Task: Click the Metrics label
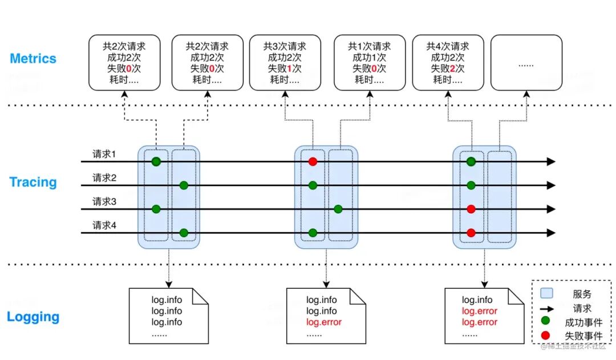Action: [x=33, y=59]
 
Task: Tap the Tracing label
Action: [x=33, y=183]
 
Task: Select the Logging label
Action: [x=33, y=317]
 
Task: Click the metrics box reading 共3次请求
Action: [x=285, y=63]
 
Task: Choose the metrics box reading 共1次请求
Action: [x=370, y=63]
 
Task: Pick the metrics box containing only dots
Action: [x=526, y=63]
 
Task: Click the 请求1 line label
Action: [x=104, y=155]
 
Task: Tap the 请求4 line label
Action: [x=104, y=225]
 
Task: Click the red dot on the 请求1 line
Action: [x=313, y=162]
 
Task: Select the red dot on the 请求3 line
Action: [x=471, y=209]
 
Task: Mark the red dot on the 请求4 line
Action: [x=471, y=233]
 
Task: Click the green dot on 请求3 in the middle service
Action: [x=338, y=209]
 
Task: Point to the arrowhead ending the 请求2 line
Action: [x=550, y=185]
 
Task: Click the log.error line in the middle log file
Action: [x=324, y=322]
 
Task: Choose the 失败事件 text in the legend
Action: [x=583, y=336]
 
